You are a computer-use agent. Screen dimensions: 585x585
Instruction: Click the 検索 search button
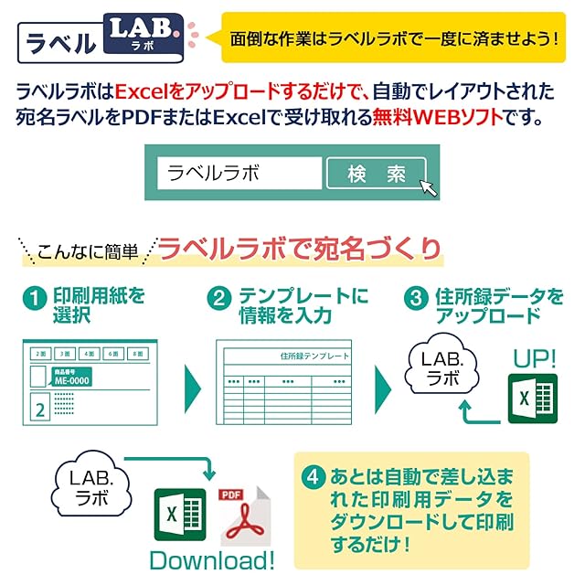376,174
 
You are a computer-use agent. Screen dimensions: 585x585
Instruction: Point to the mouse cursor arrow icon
428,186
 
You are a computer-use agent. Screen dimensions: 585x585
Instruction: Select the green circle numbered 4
314,476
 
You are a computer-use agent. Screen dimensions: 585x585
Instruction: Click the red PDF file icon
242,517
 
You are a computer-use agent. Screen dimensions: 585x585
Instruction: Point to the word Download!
212,559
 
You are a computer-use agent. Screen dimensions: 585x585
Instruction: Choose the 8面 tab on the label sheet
137,353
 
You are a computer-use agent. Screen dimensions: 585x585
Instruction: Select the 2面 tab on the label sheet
38,353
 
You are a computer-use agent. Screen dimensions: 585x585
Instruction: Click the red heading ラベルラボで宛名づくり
300,248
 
